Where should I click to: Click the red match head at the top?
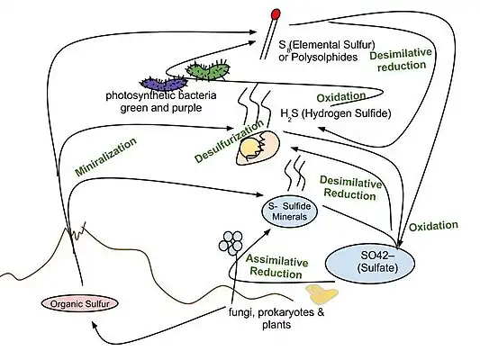tap(276, 15)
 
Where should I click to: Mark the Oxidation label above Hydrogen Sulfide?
tap(341, 95)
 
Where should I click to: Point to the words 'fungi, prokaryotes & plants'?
tap(264, 318)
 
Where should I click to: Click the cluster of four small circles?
tap(233, 240)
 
